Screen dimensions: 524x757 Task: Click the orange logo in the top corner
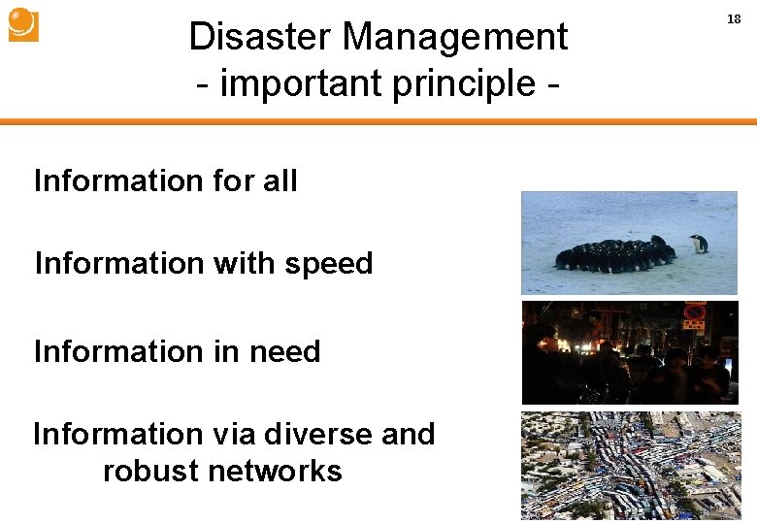click(x=23, y=24)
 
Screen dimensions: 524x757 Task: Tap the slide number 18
click(x=734, y=18)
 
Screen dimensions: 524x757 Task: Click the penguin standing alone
click(x=699, y=244)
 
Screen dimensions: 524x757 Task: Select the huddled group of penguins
click(x=614, y=254)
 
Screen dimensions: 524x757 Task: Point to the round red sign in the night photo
click(x=695, y=312)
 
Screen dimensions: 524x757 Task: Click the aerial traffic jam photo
click(x=629, y=465)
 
